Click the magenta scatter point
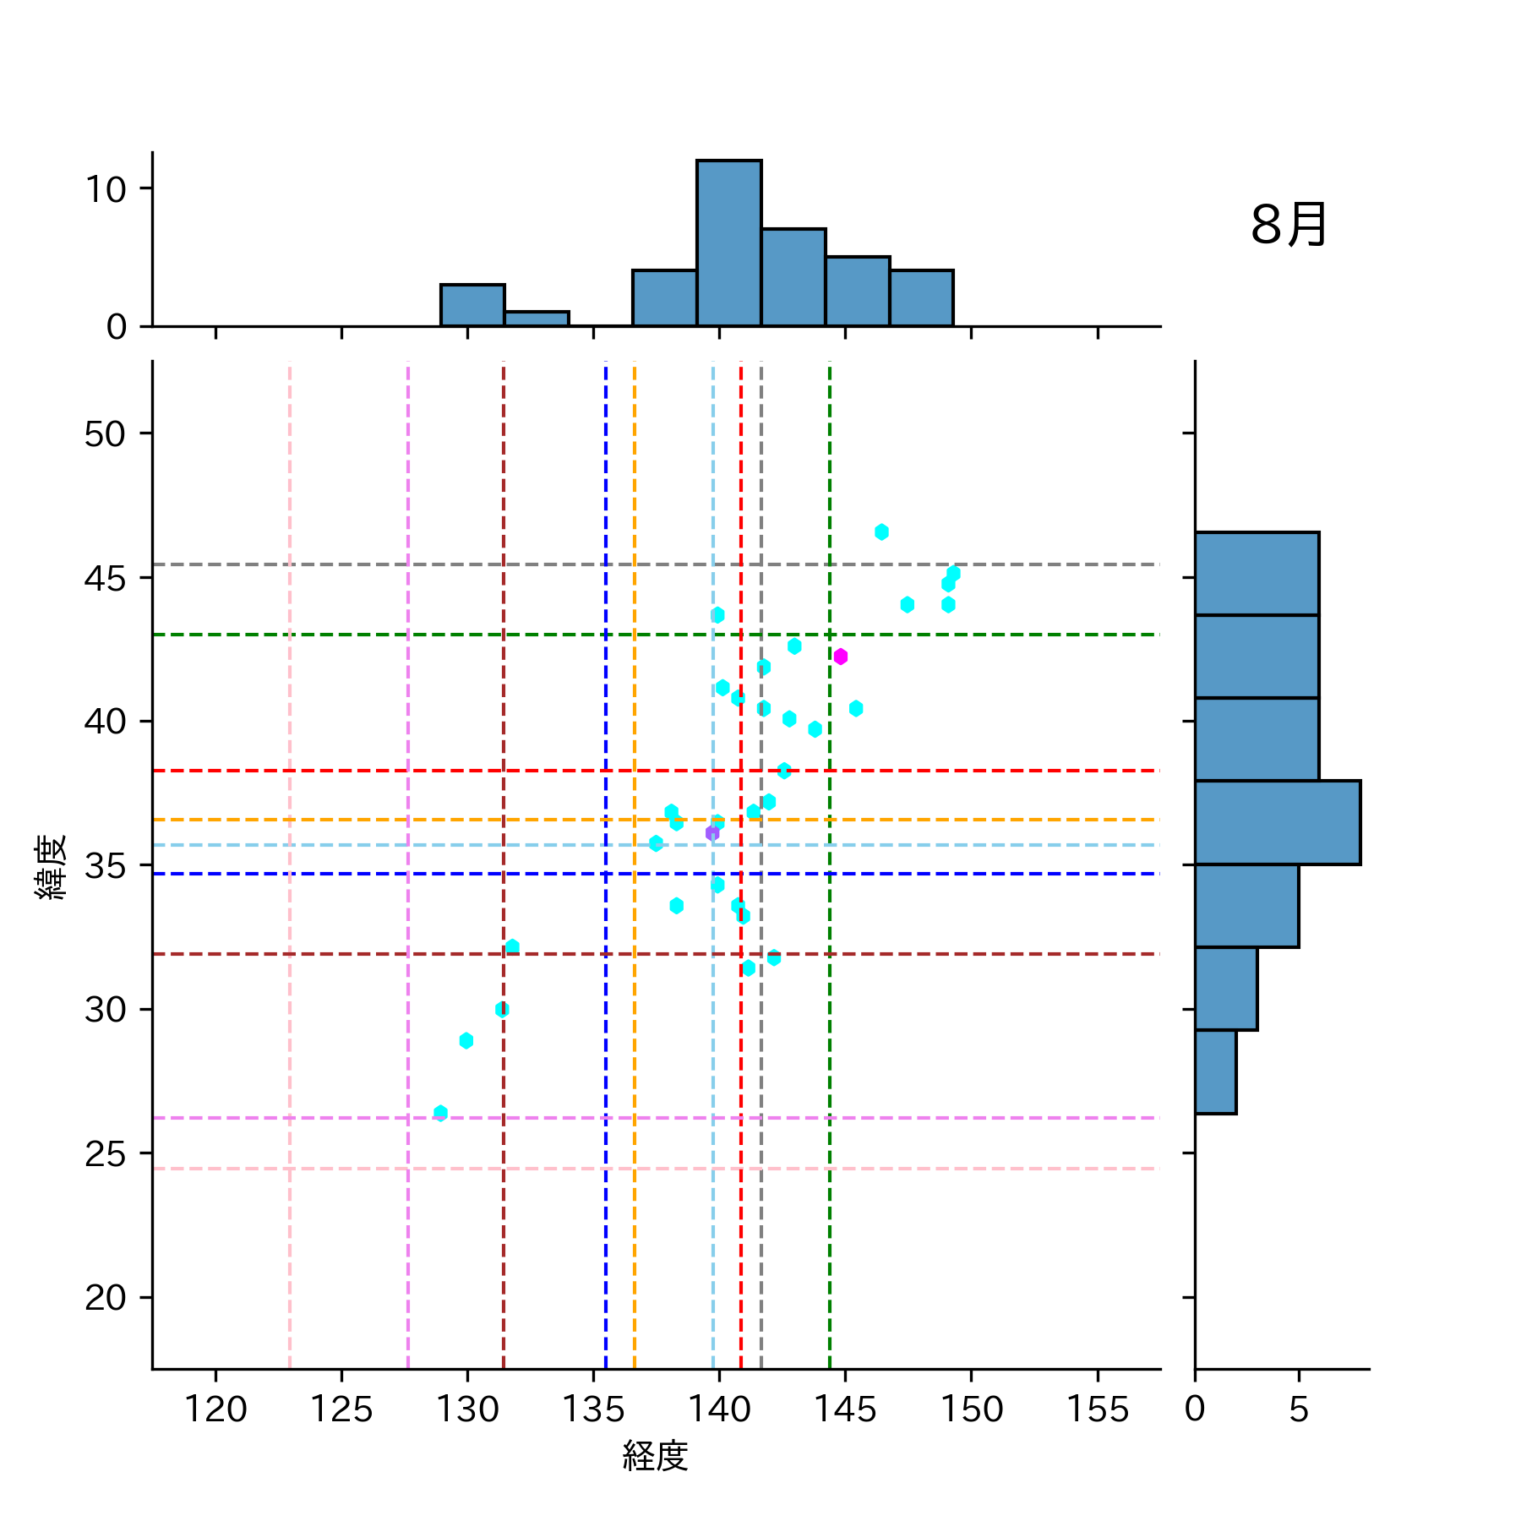click(x=840, y=657)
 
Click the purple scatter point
click(x=712, y=833)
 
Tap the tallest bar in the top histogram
click(x=728, y=243)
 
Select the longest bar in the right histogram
click(x=1277, y=822)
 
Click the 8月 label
click(x=1288, y=225)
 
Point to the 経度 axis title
click(x=656, y=1455)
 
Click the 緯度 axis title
click(x=51, y=867)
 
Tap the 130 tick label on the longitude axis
click(x=467, y=1409)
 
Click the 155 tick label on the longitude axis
click(x=1097, y=1409)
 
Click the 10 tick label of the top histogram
click(x=106, y=189)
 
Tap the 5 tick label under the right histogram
click(x=1299, y=1409)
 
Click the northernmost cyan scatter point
click(x=881, y=532)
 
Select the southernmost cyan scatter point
click(x=440, y=1113)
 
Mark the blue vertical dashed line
click(x=606, y=1014)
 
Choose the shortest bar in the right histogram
click(x=1216, y=1071)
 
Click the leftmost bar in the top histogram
click(x=472, y=305)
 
